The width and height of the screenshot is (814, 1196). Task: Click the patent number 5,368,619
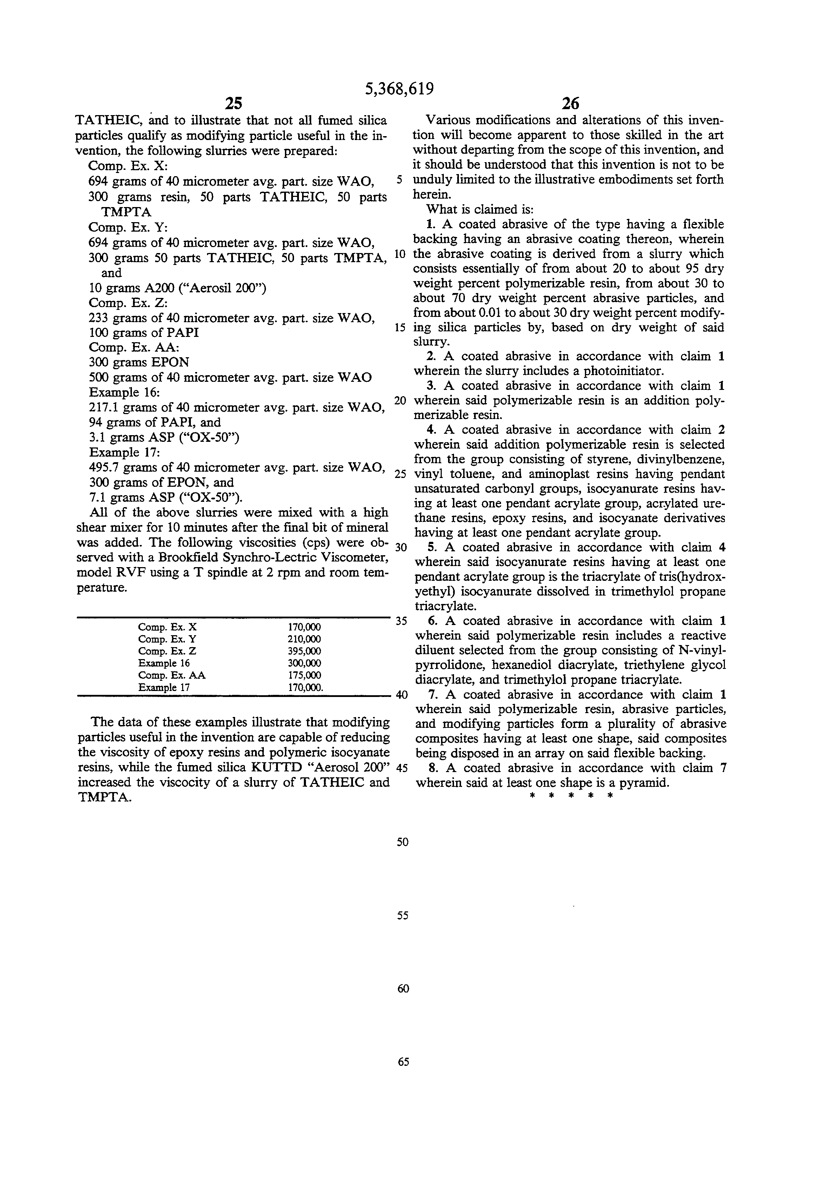click(399, 89)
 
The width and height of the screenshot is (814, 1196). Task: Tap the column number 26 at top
click(570, 104)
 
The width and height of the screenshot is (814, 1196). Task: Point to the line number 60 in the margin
click(403, 989)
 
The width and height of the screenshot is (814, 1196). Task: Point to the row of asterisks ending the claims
click(569, 797)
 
